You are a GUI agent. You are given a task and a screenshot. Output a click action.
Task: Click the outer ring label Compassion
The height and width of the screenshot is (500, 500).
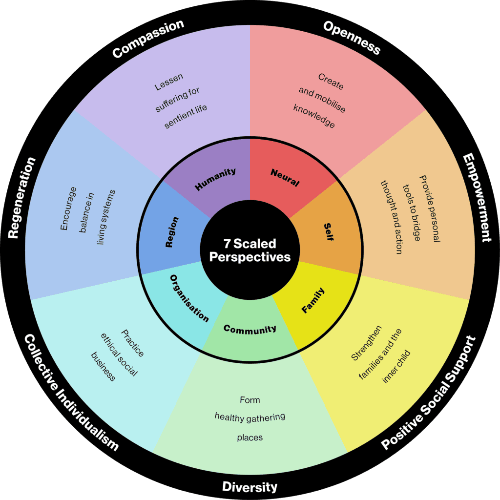[x=148, y=39]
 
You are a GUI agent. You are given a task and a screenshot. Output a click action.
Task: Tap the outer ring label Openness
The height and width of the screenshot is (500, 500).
[x=352, y=38]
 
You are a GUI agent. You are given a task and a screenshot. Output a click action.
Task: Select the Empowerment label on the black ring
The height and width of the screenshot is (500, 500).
[x=477, y=198]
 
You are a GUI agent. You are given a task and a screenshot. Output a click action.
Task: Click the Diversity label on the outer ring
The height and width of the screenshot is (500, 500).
[x=250, y=486]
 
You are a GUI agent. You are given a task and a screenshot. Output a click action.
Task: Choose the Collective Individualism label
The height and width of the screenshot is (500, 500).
[x=71, y=393]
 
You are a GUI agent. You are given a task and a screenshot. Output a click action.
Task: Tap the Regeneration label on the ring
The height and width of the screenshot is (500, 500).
[x=22, y=198]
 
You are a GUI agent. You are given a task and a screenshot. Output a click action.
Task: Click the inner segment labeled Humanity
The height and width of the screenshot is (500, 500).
[x=215, y=179]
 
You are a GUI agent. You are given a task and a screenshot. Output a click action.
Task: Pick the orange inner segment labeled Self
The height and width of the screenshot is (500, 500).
[x=328, y=232]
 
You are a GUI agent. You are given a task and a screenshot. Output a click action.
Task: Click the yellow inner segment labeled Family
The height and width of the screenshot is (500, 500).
[x=313, y=301]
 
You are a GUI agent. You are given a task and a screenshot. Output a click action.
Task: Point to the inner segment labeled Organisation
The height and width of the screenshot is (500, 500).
[x=189, y=298]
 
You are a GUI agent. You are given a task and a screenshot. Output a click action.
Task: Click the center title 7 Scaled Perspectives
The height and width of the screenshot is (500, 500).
[x=250, y=250]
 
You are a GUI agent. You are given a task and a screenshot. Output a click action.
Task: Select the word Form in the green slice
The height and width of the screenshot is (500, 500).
[x=250, y=400]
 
